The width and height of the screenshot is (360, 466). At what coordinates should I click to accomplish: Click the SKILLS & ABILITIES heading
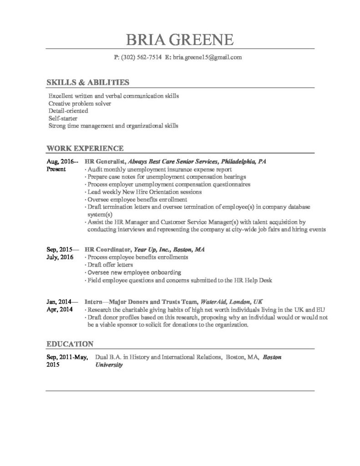pos(88,82)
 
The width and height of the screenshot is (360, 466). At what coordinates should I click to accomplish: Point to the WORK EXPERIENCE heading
pos(85,148)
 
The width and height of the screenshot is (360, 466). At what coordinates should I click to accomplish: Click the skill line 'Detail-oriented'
pos(68,111)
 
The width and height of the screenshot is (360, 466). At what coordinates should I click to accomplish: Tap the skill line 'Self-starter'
pos(64,118)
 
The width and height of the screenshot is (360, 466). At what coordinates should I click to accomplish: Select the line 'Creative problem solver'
pos(80,103)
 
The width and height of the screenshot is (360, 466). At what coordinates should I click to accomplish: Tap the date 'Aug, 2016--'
pos(63,162)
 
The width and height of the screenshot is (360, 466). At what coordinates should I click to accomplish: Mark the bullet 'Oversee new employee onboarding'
pos(134,273)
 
